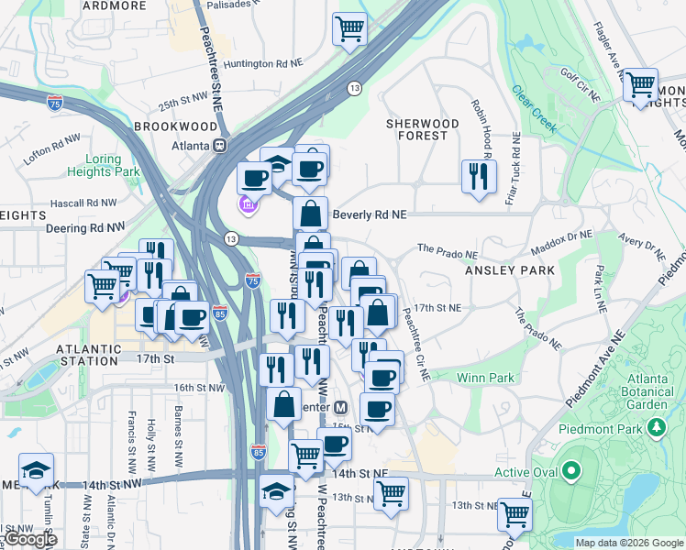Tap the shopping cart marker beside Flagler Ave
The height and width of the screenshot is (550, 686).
(x=640, y=85)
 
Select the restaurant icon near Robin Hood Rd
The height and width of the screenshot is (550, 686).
(x=478, y=177)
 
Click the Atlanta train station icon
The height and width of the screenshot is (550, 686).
(x=219, y=146)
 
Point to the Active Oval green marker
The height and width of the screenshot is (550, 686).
(x=571, y=472)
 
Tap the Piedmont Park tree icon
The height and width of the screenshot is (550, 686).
(x=656, y=427)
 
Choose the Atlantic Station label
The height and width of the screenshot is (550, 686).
(x=89, y=349)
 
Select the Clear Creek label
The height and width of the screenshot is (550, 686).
(x=535, y=110)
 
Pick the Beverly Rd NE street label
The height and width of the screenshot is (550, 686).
(x=368, y=214)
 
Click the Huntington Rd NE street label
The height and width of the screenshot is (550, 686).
(x=262, y=63)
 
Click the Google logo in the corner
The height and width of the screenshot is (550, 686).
(x=31, y=539)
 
